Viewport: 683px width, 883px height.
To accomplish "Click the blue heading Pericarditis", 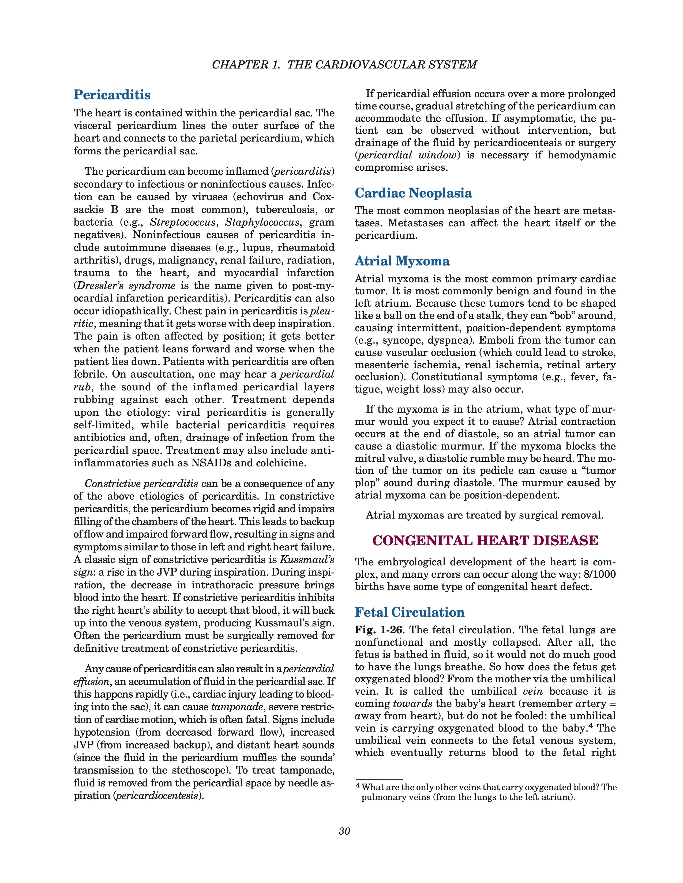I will tap(112, 95).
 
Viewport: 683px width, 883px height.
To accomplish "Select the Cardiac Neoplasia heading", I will tap(413, 193).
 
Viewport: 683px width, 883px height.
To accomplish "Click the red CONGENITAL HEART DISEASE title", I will tap(485, 541).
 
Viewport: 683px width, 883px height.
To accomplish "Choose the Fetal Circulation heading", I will tap(410, 612).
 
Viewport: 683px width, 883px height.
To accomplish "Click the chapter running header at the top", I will tap(344, 65).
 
